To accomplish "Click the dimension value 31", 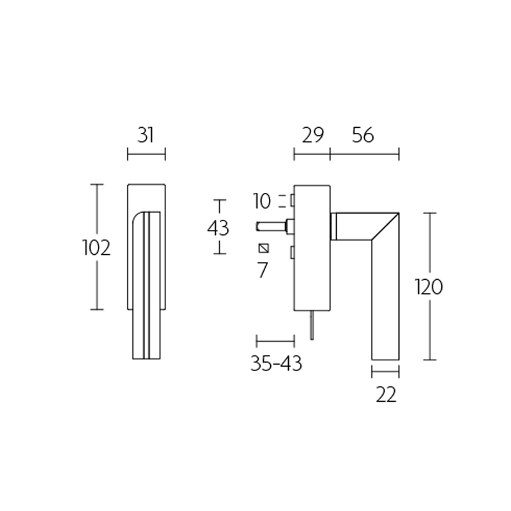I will pyautogui.click(x=146, y=135).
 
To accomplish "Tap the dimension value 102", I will pyautogui.click(x=96, y=247).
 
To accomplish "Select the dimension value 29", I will pyautogui.click(x=312, y=135).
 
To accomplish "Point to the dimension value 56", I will pyautogui.click(x=362, y=135).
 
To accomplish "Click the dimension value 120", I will pyautogui.click(x=428, y=287).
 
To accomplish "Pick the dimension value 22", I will pyautogui.click(x=386, y=394).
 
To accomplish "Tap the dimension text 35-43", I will pyautogui.click(x=276, y=363).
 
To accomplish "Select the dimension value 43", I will pyautogui.click(x=219, y=227).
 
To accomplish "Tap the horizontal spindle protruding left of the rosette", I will pyautogui.click(x=271, y=225).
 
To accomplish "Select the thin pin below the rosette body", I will pyautogui.click(x=312, y=326).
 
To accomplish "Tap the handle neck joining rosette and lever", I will pyautogui.click(x=333, y=226).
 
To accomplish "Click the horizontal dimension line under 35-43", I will pyautogui.click(x=275, y=340).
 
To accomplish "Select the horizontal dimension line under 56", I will pyautogui.click(x=364, y=153).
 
